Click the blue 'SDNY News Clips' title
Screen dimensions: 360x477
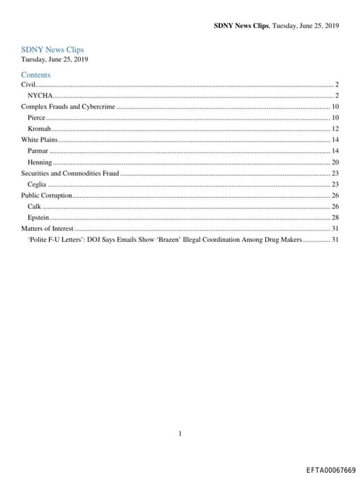pos(52,50)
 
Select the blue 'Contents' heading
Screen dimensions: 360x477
pos(35,75)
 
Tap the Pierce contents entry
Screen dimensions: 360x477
pos(37,117)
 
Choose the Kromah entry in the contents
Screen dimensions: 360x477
pos(39,129)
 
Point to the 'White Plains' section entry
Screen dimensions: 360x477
pos(39,140)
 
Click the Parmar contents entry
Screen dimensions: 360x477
pos(38,151)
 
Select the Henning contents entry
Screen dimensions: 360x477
pos(39,163)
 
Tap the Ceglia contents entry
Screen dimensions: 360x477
pos(37,184)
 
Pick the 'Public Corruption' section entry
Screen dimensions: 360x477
pos(46,195)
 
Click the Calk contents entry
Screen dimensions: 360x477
pos(34,206)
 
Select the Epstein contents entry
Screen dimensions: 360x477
pos(38,217)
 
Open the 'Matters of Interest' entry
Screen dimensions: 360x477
pos(47,229)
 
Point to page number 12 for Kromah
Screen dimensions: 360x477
pos(335,129)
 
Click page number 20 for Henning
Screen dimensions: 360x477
pos(335,163)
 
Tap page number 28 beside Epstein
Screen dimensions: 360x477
pos(335,217)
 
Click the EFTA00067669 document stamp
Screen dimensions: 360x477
pos(331,469)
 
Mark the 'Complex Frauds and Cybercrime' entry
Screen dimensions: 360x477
pos(67,106)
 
